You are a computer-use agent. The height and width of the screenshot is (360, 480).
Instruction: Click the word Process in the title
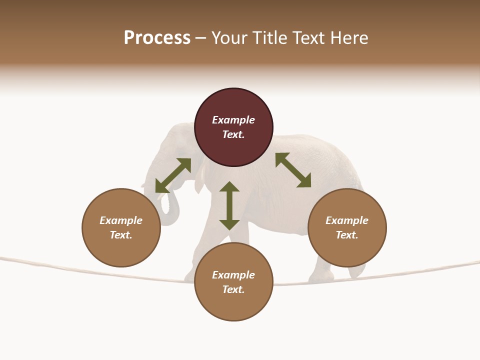(x=157, y=38)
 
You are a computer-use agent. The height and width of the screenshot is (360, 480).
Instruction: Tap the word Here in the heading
(x=348, y=38)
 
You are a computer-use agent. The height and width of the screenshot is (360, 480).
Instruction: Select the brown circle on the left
(x=121, y=245)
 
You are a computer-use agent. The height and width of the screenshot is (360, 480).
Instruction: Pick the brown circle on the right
(x=347, y=245)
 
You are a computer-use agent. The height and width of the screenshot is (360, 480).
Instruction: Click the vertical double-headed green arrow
(x=229, y=205)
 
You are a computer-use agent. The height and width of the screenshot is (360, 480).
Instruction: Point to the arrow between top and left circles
(x=173, y=175)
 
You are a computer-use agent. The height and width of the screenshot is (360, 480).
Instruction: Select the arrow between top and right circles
(x=293, y=170)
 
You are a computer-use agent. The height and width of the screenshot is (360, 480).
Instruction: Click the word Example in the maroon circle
(x=233, y=120)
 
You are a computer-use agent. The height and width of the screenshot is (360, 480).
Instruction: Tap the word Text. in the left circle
(x=121, y=235)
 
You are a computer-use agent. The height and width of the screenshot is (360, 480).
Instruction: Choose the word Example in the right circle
(x=347, y=220)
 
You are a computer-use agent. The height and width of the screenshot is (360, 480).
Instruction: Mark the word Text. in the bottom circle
(x=233, y=289)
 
